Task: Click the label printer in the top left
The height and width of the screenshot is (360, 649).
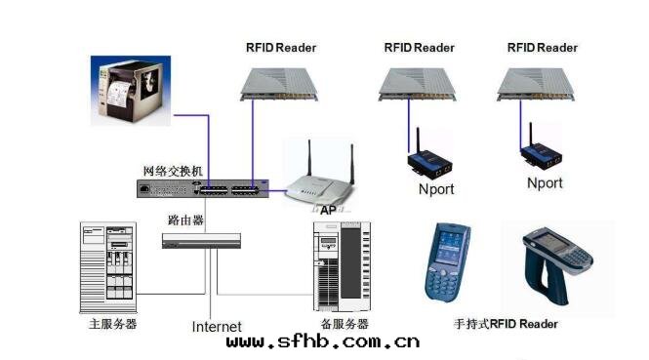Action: pyautogui.click(x=135, y=90)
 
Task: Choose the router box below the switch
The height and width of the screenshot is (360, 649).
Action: pyautogui.click(x=201, y=240)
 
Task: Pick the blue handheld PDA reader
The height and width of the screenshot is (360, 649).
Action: pyautogui.click(x=449, y=260)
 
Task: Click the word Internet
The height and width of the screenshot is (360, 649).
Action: pyautogui.click(x=217, y=326)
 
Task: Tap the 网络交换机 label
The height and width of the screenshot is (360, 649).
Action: pyautogui.click(x=173, y=171)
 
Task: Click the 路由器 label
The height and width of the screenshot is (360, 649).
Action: pyautogui.click(x=186, y=220)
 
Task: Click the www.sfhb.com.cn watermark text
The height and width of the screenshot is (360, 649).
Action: pyautogui.click(x=323, y=341)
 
